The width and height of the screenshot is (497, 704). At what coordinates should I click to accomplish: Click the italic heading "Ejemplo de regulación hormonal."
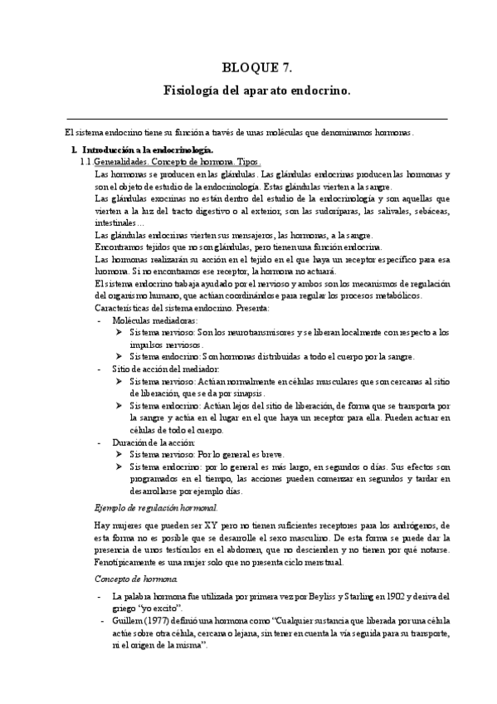pyautogui.click(x=156, y=506)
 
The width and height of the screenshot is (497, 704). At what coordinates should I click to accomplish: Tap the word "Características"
pyautogui.click(x=124, y=307)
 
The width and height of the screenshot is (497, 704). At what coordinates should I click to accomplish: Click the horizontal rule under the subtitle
pyautogui.click(x=256, y=119)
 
